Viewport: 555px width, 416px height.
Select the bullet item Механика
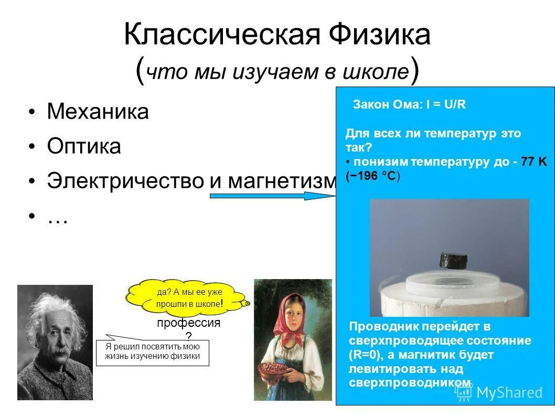pyautogui.click(x=98, y=112)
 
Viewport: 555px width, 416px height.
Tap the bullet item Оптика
pyautogui.click(x=84, y=146)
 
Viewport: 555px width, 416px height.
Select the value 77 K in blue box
pyautogui.click(x=534, y=162)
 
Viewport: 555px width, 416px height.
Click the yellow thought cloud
pyautogui.click(x=187, y=297)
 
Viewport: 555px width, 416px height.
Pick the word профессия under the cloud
pyautogui.click(x=188, y=323)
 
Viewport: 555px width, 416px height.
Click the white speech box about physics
pyautogui.click(x=152, y=353)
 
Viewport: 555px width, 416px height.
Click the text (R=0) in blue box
pyautogui.click(x=367, y=355)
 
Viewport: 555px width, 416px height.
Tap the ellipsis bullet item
pyautogui.click(x=57, y=219)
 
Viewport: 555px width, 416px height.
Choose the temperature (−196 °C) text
pyautogui.click(x=373, y=176)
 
